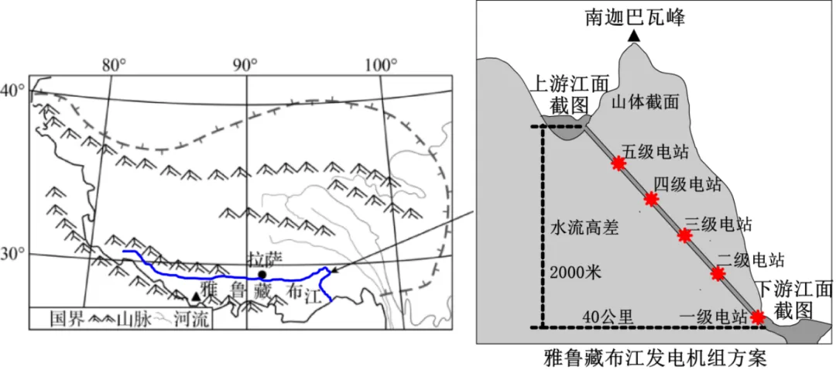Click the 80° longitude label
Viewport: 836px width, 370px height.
pyautogui.click(x=115, y=66)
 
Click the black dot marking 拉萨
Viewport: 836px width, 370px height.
pyautogui.click(x=262, y=275)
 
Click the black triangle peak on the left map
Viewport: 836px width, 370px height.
pyautogui.click(x=196, y=296)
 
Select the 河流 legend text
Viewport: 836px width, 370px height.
pyautogui.click(x=192, y=320)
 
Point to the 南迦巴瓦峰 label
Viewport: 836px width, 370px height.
pyautogui.click(x=634, y=18)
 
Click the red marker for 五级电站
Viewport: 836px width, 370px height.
pyautogui.click(x=618, y=163)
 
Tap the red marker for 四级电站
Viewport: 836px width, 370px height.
pyautogui.click(x=651, y=199)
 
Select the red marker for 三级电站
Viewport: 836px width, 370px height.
pyautogui.click(x=684, y=235)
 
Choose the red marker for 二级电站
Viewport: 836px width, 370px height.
pyautogui.click(x=718, y=273)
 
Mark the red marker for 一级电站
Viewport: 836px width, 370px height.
pyautogui.click(x=757, y=317)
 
